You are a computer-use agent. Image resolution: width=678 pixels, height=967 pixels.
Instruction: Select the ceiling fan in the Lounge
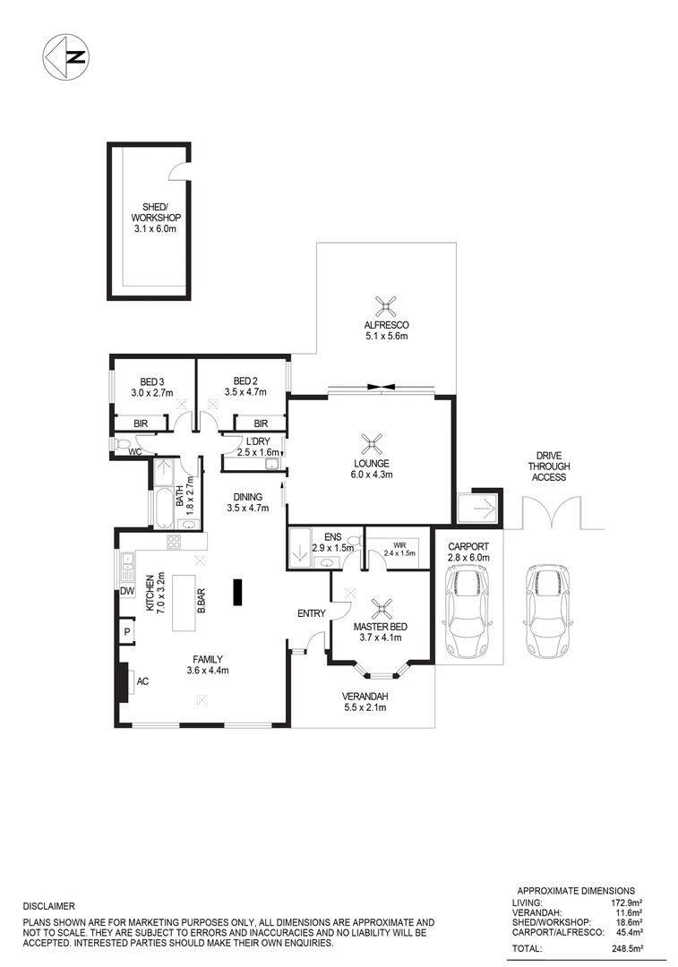(x=371, y=442)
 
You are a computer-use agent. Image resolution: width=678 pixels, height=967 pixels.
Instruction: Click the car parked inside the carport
(x=466, y=613)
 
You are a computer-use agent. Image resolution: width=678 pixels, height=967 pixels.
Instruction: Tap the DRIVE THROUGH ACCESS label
(x=548, y=466)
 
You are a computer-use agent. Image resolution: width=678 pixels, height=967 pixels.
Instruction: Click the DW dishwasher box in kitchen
(x=126, y=592)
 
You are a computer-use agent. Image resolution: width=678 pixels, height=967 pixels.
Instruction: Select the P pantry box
(x=126, y=632)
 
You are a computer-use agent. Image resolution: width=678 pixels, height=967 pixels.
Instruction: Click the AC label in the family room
(x=142, y=681)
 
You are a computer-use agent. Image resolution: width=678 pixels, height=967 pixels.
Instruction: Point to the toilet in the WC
(x=123, y=443)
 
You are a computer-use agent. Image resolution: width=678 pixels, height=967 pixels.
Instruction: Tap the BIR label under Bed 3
(x=140, y=424)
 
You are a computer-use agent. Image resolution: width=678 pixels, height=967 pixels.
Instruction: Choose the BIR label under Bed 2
(x=261, y=424)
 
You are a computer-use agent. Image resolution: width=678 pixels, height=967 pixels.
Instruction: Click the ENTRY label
(x=311, y=613)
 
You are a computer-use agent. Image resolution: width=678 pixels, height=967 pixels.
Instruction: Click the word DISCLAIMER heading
(x=48, y=906)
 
